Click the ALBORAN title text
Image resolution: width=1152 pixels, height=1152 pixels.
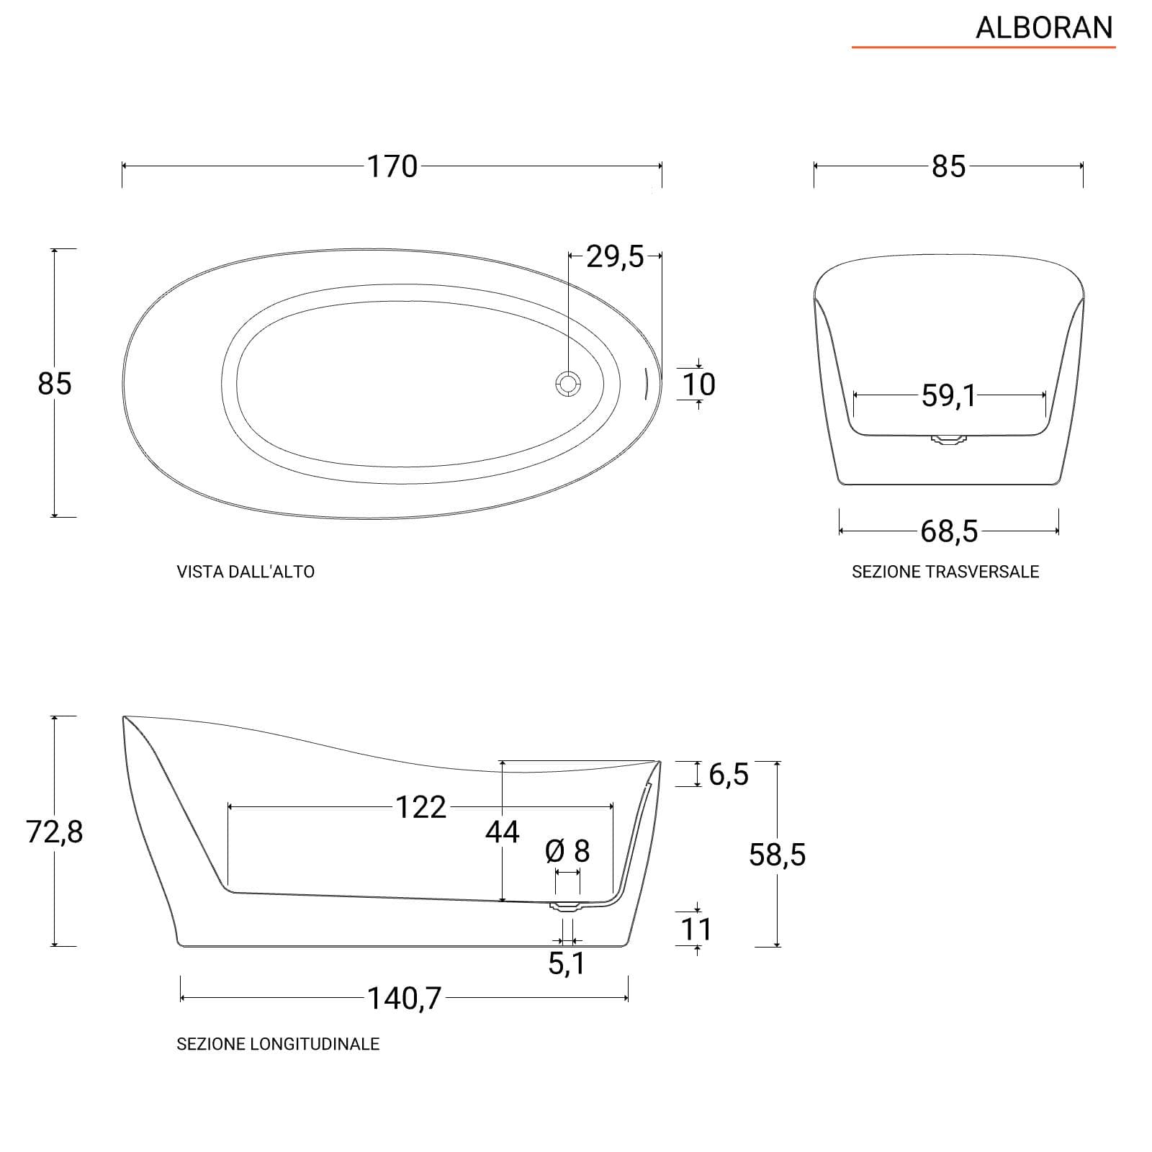pos(1044,27)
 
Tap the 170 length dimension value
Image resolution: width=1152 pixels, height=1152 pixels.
pos(392,166)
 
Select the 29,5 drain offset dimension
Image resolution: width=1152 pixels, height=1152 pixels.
pos(615,256)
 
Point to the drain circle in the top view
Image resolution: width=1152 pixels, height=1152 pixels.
pos(568,383)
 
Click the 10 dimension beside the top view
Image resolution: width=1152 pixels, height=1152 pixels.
pos(698,384)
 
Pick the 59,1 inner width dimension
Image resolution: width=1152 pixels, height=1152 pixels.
pos(949,395)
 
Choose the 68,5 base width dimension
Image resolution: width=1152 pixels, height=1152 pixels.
pos(949,531)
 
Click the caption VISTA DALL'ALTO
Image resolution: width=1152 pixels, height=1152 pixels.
pos(246,572)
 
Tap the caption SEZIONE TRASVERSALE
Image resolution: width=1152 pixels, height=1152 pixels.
pos(945,572)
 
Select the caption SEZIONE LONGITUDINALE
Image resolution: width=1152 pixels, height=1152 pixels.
pos(278,1044)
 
